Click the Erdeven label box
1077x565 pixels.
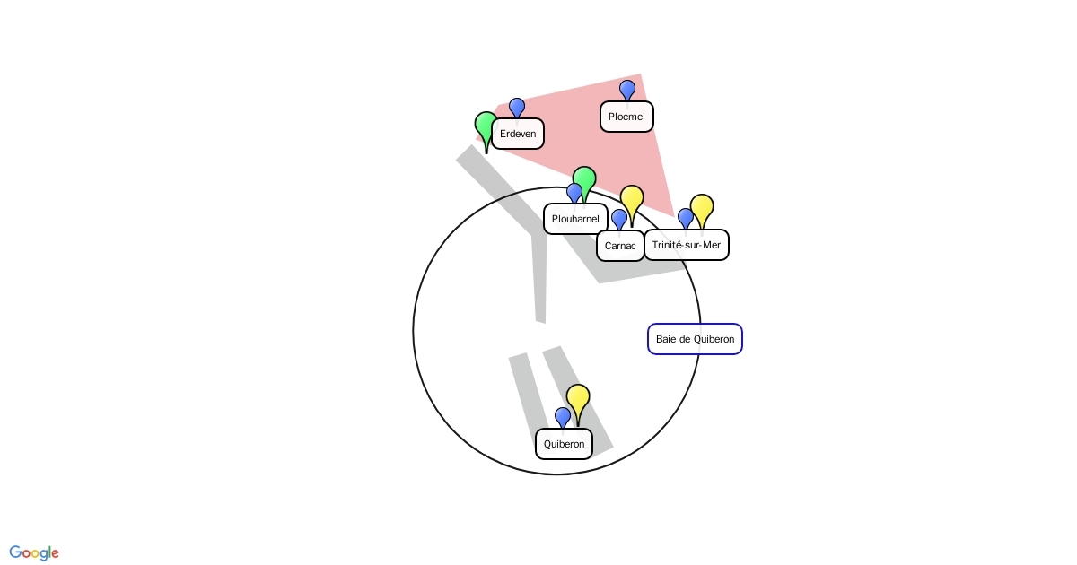pos(518,134)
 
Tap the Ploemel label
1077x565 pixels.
pos(626,117)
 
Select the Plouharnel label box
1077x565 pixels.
pos(575,219)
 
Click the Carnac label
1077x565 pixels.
pos(620,246)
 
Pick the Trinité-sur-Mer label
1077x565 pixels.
pos(687,245)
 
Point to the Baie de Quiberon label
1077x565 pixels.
pos(695,339)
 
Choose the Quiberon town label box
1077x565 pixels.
pos(564,444)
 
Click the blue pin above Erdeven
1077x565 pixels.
pos(517,108)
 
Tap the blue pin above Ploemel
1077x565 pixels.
pos(627,89)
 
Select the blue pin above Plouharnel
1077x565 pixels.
pos(574,192)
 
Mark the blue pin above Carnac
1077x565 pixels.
pos(619,218)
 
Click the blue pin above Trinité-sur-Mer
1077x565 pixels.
pos(686,217)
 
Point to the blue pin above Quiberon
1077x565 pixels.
pos(563,416)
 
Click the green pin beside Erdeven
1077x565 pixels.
pos(486,126)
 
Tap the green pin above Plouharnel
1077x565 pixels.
pos(584,179)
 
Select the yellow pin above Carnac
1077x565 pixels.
pos(632,198)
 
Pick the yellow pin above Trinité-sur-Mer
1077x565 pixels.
pos(702,207)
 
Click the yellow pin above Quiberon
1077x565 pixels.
pos(578,397)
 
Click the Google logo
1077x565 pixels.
pos(34,552)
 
